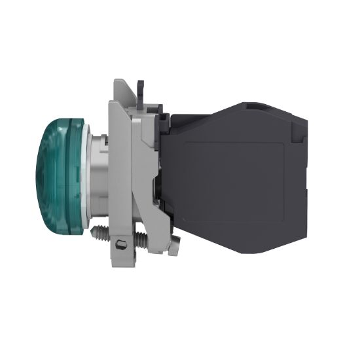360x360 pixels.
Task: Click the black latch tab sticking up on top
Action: point(140,88)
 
